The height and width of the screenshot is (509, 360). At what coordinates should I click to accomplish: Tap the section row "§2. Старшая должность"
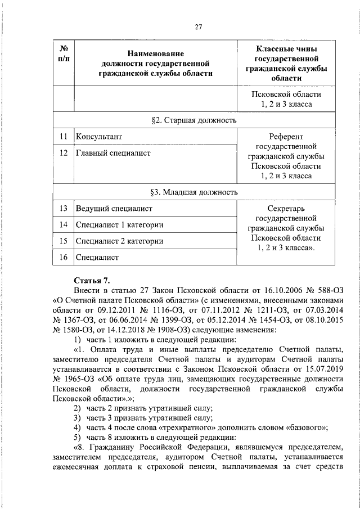[x=194, y=120]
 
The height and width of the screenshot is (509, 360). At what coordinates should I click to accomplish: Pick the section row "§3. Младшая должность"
[x=194, y=192]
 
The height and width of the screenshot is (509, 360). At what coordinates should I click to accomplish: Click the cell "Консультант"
[x=98, y=137]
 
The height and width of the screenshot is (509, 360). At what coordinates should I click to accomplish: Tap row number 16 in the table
[x=64, y=258]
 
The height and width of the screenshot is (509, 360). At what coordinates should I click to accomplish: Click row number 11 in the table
[x=64, y=137]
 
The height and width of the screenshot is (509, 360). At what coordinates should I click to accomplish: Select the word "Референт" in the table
[x=286, y=137]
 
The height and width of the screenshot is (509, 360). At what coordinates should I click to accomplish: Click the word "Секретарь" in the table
[x=286, y=208]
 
